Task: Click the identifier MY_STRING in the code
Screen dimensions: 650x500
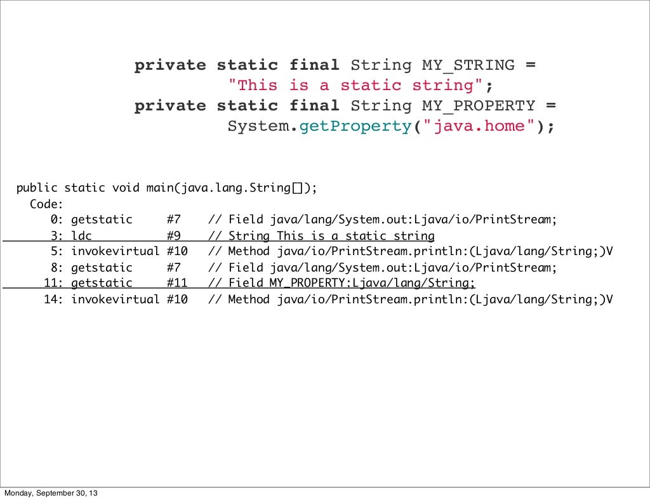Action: [468, 65]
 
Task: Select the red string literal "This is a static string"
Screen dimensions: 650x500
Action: [360, 86]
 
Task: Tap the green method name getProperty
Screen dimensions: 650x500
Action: [355, 126]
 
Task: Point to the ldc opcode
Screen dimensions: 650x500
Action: [81, 236]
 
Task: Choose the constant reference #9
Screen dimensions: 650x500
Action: [173, 236]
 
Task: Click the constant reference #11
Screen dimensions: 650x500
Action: [177, 283]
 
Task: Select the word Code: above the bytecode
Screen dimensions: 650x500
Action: [46, 204]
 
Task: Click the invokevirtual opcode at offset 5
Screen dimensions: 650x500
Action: [115, 251]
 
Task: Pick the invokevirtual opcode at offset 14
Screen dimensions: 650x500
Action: [115, 299]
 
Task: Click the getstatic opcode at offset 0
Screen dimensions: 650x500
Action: [102, 220]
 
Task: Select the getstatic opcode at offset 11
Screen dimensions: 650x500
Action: [102, 283]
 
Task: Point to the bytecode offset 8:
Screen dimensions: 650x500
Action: [56, 267]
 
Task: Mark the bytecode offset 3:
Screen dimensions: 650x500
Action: [56, 236]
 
